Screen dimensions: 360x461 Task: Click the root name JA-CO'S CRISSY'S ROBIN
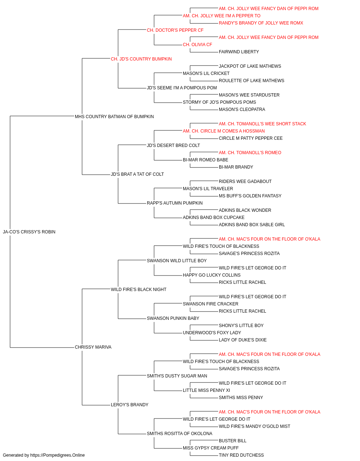(x=29, y=232)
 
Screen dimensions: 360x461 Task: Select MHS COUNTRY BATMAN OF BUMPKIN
(x=114, y=117)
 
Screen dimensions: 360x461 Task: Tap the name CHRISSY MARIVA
(x=93, y=347)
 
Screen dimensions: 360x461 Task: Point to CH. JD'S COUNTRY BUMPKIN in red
(x=141, y=59)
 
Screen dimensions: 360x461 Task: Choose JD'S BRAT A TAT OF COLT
(x=137, y=174)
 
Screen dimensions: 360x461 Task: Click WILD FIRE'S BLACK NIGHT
(x=139, y=289)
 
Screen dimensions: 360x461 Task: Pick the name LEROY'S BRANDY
(x=130, y=404)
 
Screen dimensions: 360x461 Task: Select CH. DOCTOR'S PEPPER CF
(x=175, y=30)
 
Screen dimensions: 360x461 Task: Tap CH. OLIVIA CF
(x=197, y=45)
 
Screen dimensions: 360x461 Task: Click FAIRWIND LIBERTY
(x=239, y=52)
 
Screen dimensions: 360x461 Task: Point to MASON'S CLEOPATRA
(x=242, y=109)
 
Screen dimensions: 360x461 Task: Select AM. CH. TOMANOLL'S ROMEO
(x=250, y=153)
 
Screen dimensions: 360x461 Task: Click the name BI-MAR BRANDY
(x=236, y=167)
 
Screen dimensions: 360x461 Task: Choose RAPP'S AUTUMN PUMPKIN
(x=175, y=203)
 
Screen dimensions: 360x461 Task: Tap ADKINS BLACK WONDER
(x=245, y=210)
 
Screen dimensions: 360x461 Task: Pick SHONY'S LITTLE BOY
(x=241, y=326)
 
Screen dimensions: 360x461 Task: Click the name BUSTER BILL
(x=233, y=440)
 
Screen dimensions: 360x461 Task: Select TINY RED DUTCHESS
(x=241, y=455)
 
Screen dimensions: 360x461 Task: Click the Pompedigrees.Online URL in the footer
(x=58, y=455)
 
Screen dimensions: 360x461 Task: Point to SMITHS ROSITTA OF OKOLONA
(x=180, y=433)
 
